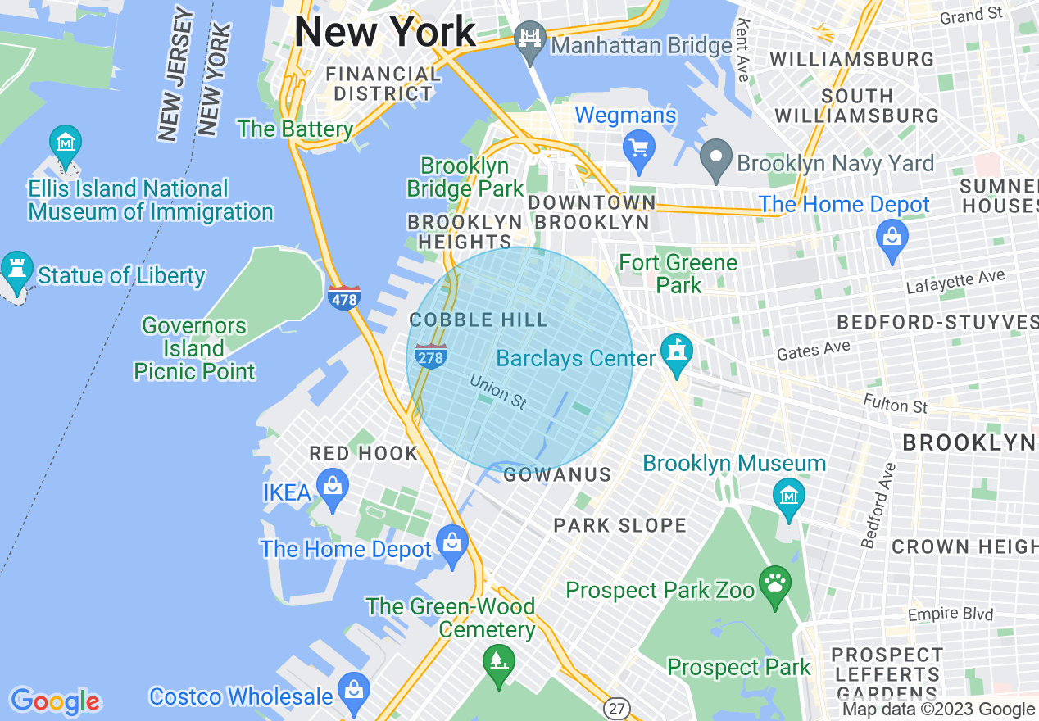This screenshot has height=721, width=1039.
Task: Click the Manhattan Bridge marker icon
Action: (x=530, y=39)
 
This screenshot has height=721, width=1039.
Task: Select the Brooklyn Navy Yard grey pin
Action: (x=715, y=159)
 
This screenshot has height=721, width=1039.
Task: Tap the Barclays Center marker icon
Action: (x=677, y=353)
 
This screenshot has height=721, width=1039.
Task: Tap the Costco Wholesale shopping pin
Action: (x=353, y=690)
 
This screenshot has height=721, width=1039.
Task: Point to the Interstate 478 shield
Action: (x=343, y=297)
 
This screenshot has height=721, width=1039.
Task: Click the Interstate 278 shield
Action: (x=430, y=356)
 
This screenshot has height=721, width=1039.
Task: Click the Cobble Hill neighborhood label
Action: (x=478, y=320)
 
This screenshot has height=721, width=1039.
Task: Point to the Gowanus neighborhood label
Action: (x=557, y=474)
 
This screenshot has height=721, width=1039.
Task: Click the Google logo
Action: (x=56, y=701)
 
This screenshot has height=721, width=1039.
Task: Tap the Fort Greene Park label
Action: (x=678, y=274)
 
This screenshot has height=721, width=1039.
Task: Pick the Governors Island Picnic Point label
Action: (x=194, y=348)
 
